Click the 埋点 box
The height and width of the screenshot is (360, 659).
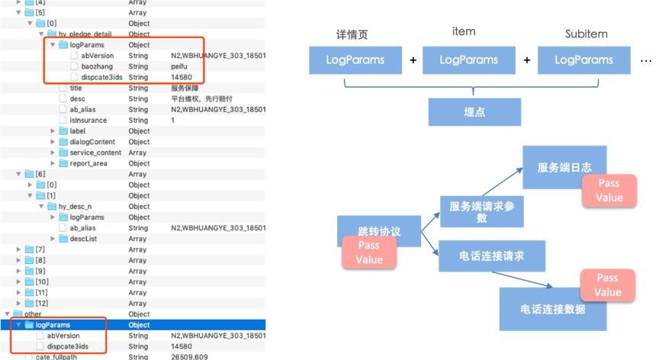(x=474, y=111)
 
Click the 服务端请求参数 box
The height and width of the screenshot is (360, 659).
(x=481, y=211)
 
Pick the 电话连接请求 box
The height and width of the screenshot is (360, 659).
(x=492, y=256)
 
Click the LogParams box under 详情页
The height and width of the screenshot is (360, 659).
(x=355, y=59)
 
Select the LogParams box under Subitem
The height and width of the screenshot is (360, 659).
(x=583, y=59)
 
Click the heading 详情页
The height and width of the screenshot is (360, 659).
(x=352, y=35)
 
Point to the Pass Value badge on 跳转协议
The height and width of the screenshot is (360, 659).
(x=368, y=252)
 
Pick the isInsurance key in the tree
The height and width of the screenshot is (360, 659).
(x=88, y=120)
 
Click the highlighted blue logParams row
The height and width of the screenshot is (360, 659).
(x=53, y=325)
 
